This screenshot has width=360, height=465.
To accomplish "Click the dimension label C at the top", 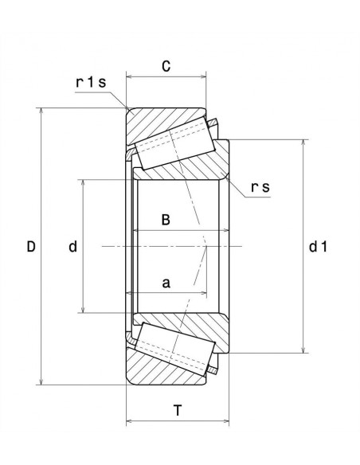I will pyautogui.click(x=166, y=67).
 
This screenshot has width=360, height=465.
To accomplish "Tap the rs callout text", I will pyautogui.click(x=260, y=187).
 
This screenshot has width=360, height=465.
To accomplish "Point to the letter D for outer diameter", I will pyautogui.click(x=31, y=247).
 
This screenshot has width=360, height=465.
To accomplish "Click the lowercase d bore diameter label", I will pyautogui.click(x=72, y=247).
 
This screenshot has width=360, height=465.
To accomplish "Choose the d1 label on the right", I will pyautogui.click(x=318, y=247).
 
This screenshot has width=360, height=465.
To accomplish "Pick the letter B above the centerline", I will pyautogui.click(x=166, y=221).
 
